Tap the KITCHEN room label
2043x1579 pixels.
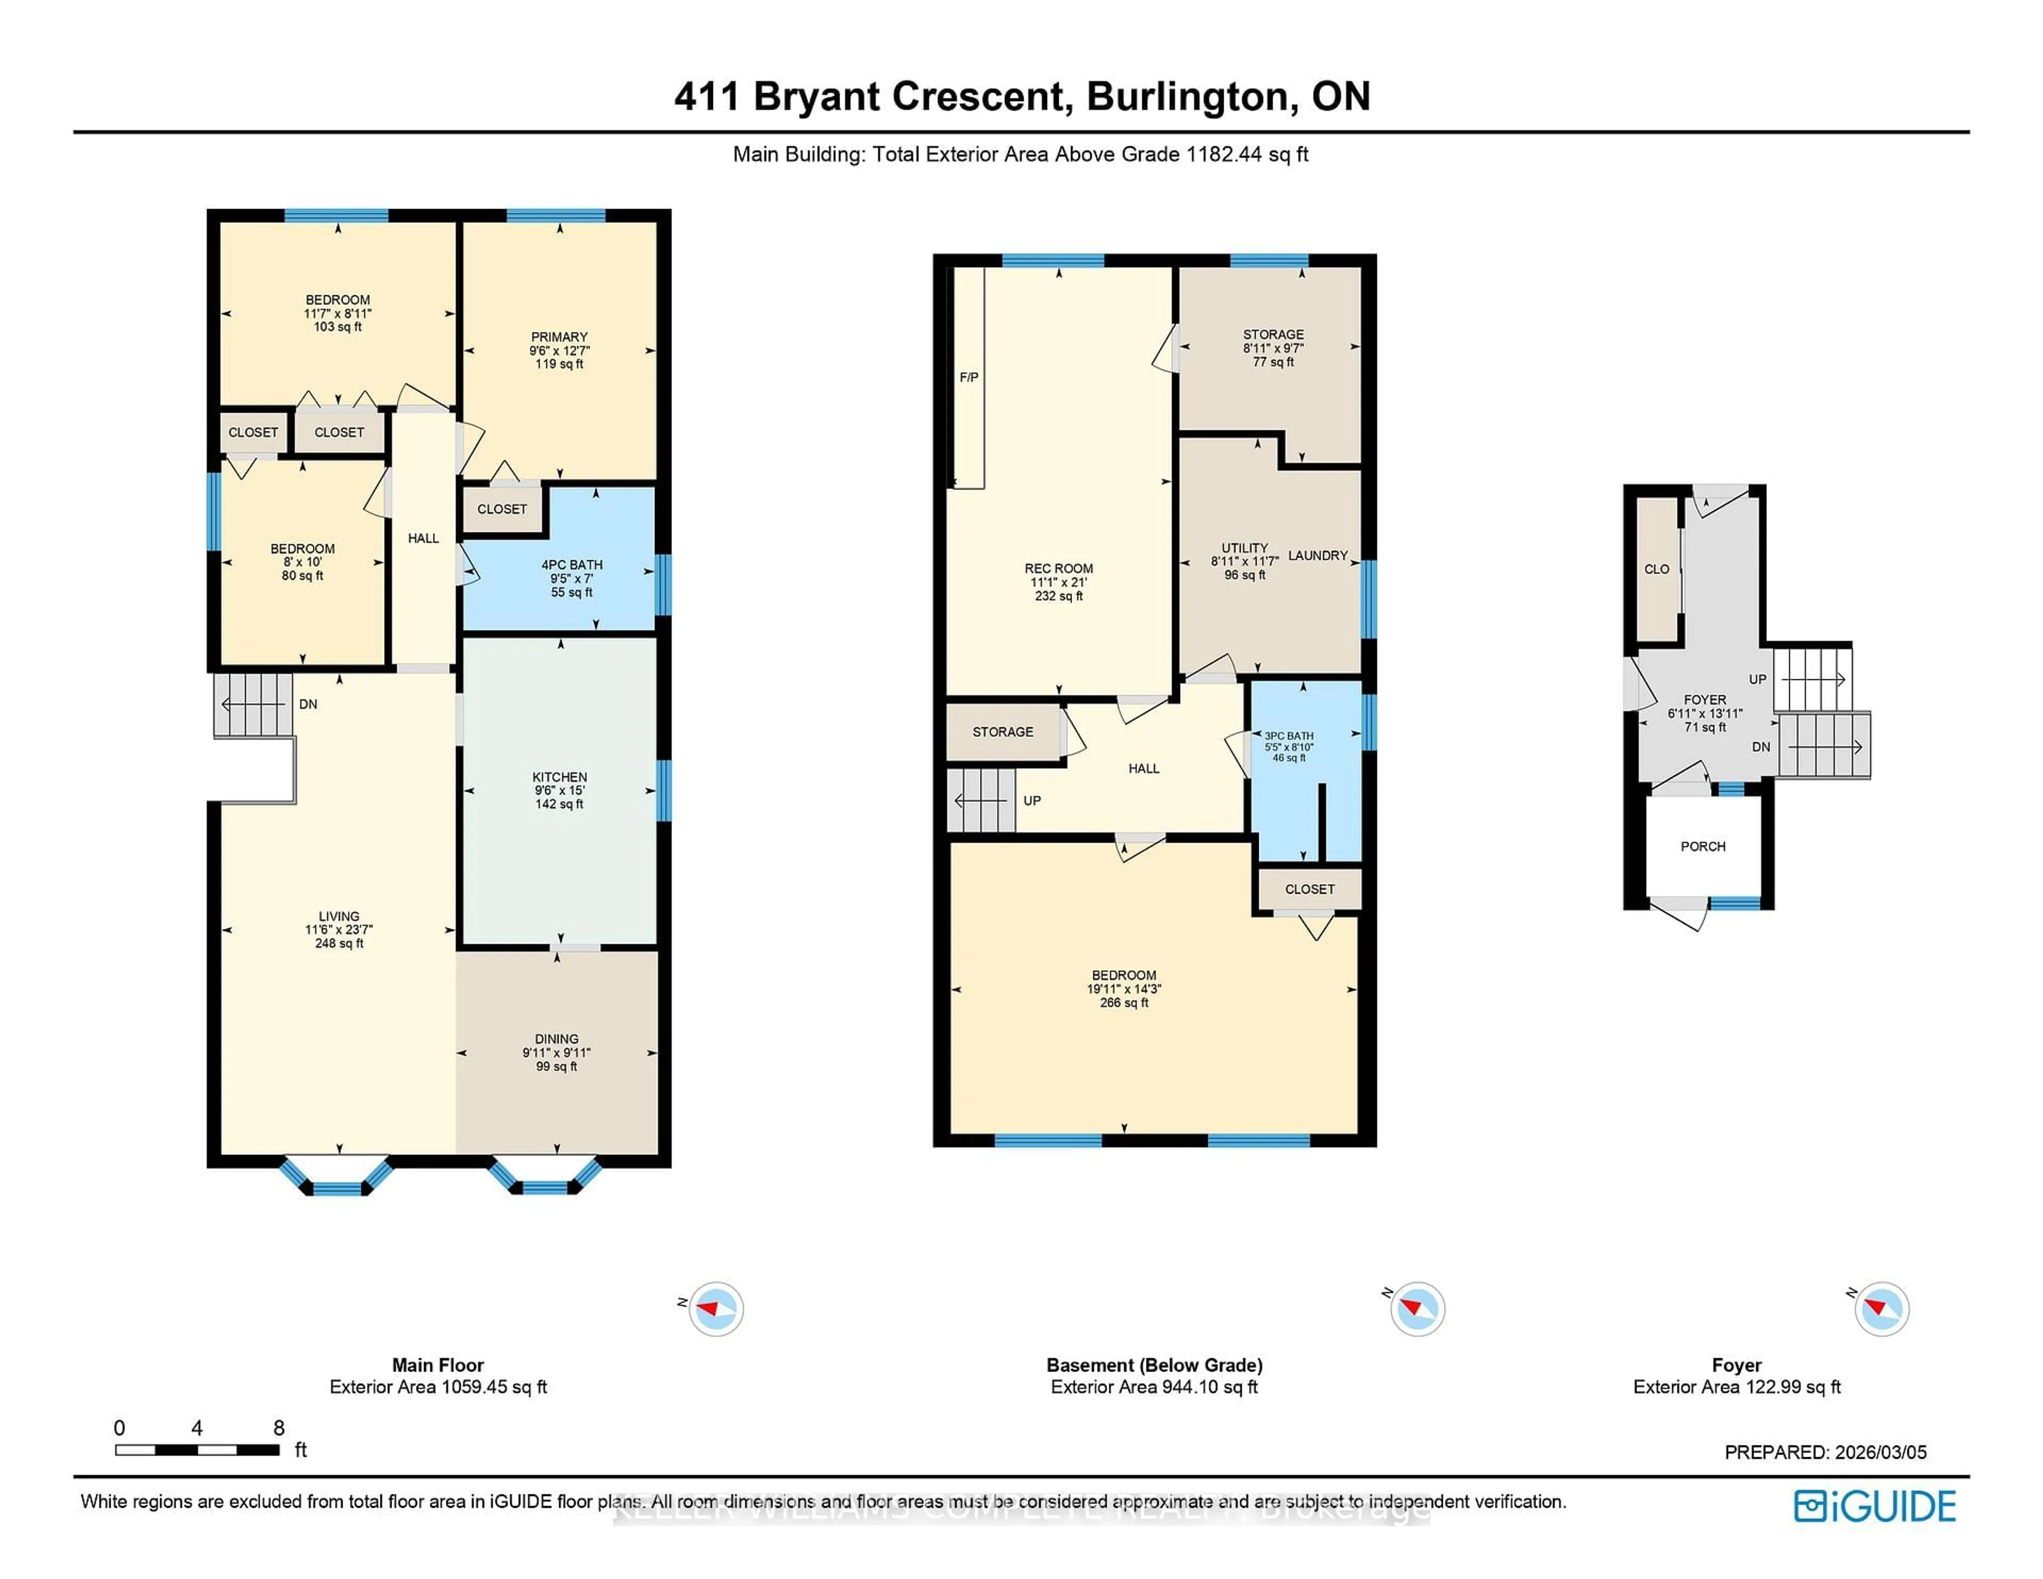[559, 777]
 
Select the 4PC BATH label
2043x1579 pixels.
[571, 565]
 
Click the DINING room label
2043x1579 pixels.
[557, 1039]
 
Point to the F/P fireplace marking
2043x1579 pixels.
[969, 378]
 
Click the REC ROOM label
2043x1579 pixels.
[1058, 569]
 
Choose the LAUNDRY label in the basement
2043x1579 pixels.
[1317, 555]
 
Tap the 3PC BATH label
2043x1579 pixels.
[1289, 736]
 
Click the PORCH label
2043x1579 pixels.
[1702, 846]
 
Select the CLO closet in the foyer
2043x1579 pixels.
[1657, 569]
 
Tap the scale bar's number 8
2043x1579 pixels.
[279, 1427]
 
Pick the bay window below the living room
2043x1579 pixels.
[337, 1178]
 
